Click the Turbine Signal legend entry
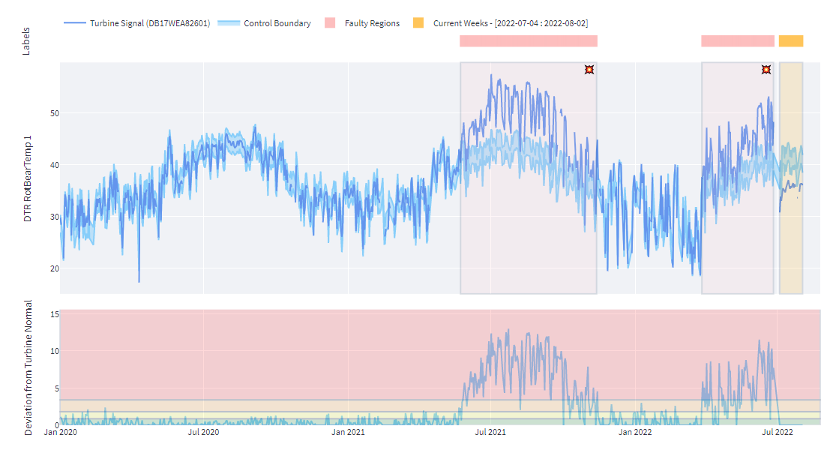coord(146,23)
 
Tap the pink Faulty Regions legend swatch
coord(330,23)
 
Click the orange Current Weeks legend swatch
coord(418,23)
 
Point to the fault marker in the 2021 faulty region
coord(589,70)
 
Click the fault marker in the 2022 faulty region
coord(766,70)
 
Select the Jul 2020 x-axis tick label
coord(203,432)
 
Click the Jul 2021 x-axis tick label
coord(491,432)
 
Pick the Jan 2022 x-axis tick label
coord(636,432)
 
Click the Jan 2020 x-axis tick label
coord(60,432)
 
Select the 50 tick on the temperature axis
coord(54,113)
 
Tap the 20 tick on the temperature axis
coord(54,268)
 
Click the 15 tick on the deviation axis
coord(54,314)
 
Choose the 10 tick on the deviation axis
coord(54,351)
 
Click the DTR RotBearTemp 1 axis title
coord(28,178)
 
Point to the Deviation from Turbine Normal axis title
coord(28,367)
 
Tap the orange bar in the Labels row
coord(790,41)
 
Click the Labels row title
coord(27,41)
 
